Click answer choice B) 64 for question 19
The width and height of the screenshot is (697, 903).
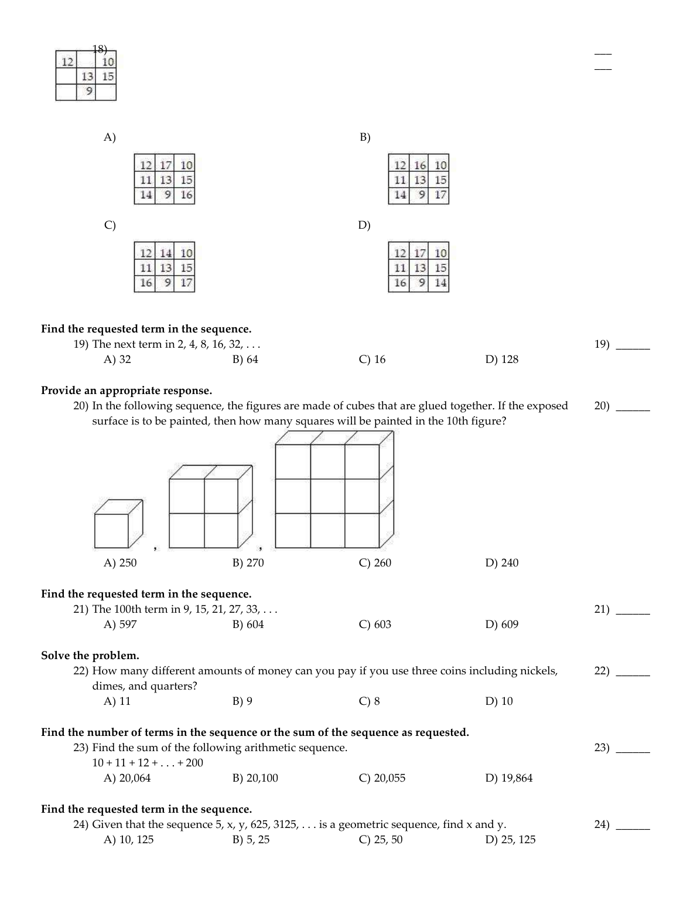point(245,359)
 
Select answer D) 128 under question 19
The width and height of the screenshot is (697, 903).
point(501,359)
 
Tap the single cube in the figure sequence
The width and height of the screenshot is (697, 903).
point(115,527)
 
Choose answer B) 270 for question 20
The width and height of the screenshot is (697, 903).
point(248,563)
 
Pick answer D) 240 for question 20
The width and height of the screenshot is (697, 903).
point(501,563)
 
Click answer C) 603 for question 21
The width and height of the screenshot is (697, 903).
point(374,624)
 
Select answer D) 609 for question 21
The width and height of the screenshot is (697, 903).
point(501,624)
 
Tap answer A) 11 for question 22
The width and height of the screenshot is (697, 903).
point(117,701)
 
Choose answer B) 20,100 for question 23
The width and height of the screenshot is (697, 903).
point(255,778)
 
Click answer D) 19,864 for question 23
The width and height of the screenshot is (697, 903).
point(508,778)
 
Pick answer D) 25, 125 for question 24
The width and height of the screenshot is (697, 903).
point(510,840)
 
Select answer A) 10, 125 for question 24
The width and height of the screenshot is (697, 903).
point(128,840)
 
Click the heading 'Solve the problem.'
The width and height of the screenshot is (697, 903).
point(90,656)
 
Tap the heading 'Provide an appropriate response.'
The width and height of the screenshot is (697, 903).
point(127,391)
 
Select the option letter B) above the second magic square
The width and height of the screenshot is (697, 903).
point(365,137)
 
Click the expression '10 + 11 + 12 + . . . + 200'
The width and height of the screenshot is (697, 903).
point(148,763)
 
